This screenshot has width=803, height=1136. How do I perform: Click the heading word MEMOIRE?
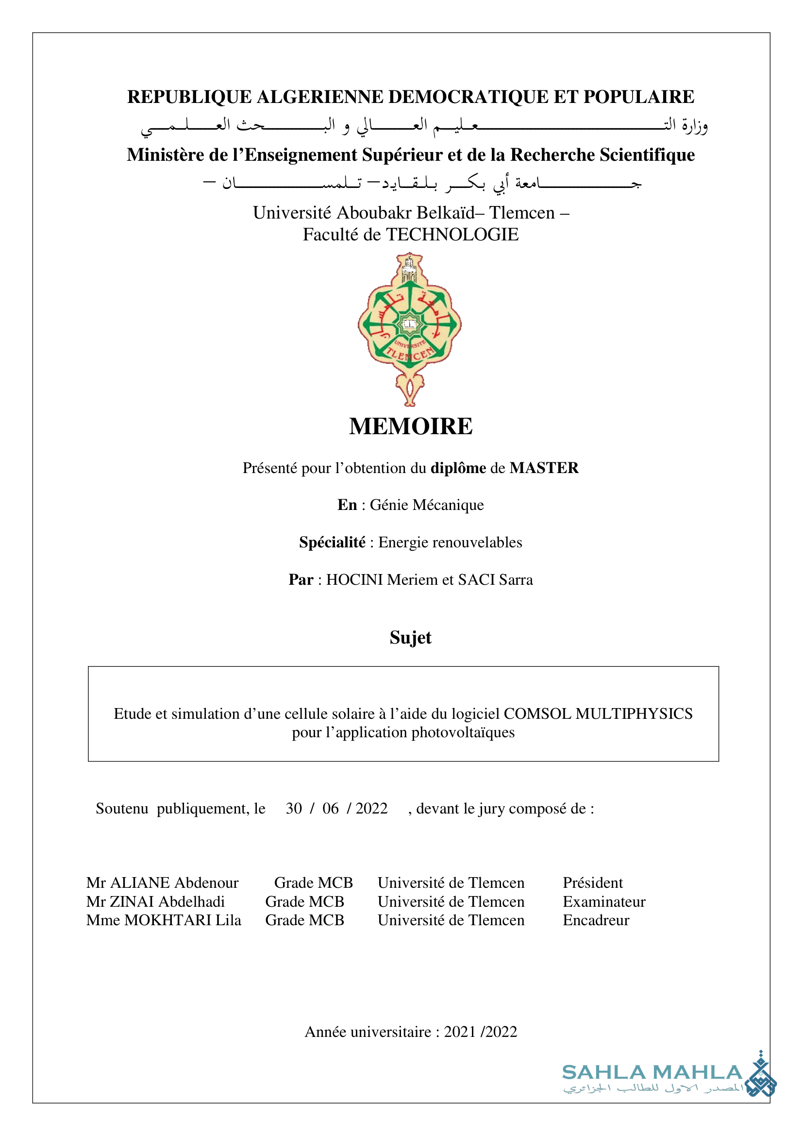(410, 426)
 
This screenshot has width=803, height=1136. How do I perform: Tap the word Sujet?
(410, 637)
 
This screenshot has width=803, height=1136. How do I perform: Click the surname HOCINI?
(355, 579)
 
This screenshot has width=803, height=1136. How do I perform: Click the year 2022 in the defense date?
(371, 809)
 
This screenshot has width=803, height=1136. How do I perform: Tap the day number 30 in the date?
(294, 809)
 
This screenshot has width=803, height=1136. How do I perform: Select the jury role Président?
(592, 882)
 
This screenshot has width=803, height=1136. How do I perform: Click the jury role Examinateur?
(604, 901)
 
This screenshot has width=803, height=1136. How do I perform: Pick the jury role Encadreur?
(596, 920)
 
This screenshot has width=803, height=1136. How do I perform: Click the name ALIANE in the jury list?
(140, 882)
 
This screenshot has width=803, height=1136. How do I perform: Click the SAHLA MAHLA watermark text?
(652, 1072)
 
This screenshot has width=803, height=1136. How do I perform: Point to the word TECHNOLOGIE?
(452, 235)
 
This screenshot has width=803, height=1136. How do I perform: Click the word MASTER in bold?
(544, 468)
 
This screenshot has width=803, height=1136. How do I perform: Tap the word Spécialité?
(332, 543)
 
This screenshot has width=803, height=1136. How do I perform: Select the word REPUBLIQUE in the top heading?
(189, 97)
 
